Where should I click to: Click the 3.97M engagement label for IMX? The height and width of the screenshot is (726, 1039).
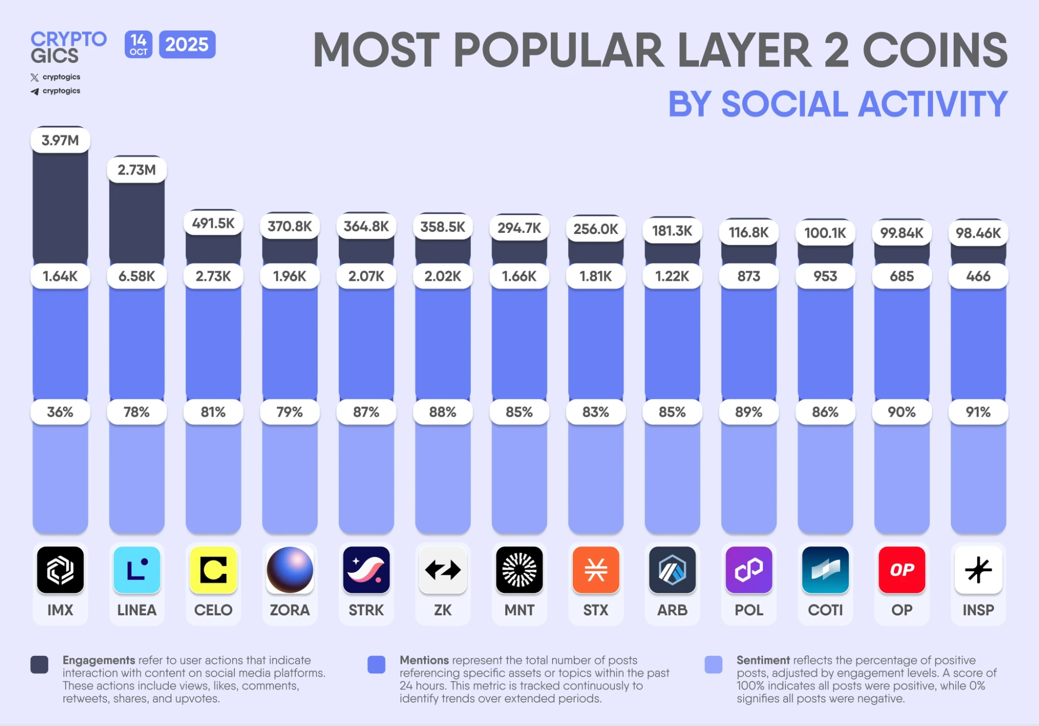pos(60,140)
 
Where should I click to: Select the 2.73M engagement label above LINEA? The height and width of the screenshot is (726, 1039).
pos(137,170)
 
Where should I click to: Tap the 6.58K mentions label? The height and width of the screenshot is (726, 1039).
pos(137,276)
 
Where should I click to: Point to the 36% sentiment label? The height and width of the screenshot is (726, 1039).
pos(60,412)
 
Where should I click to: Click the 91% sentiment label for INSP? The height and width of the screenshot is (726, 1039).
pos(978,412)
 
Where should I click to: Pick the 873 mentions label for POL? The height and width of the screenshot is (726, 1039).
pos(748,276)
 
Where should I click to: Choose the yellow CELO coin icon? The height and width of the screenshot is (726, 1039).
pos(213,570)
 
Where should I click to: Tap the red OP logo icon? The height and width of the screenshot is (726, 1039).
pos(902,570)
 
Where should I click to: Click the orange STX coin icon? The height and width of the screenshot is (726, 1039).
pos(596,570)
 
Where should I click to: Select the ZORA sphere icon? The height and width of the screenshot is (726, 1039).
pos(290,570)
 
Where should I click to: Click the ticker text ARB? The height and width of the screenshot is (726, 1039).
pos(672,610)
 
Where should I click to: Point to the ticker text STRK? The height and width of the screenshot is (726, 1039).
pos(366,610)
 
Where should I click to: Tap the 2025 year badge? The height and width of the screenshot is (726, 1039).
pos(187,45)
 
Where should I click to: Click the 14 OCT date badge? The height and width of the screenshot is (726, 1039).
pos(138,45)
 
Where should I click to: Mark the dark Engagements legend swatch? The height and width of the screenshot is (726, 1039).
pos(40,665)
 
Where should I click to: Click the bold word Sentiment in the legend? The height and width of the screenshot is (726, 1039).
pos(762,660)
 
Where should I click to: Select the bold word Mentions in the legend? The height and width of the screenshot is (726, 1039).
pos(424,660)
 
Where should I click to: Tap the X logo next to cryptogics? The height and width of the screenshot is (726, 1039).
pos(35,77)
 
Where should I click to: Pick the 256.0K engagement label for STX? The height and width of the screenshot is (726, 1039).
pos(596,229)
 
